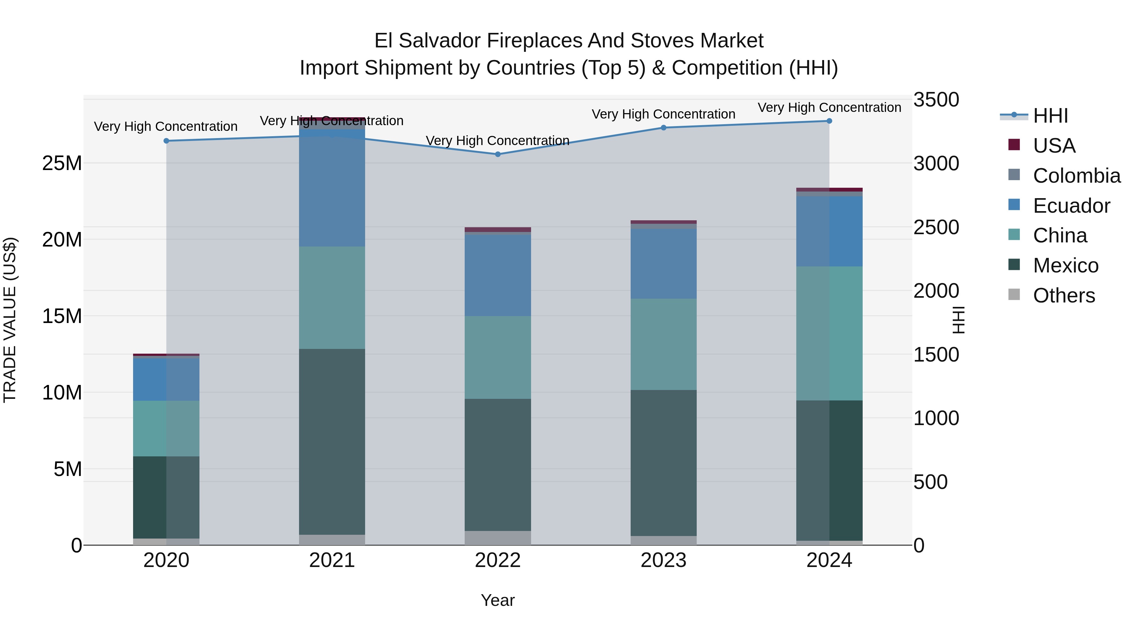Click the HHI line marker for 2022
(498, 154)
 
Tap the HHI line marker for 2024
(829, 121)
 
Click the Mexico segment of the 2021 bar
(332, 442)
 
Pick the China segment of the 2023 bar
(663, 344)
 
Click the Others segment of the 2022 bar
(498, 538)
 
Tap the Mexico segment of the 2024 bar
(829, 470)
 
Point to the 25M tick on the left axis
(62, 163)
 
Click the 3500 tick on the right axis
(936, 100)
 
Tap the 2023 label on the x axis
(663, 560)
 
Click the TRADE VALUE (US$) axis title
(10, 320)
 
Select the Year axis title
(498, 600)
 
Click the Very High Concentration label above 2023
(663, 114)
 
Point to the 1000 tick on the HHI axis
(936, 418)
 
